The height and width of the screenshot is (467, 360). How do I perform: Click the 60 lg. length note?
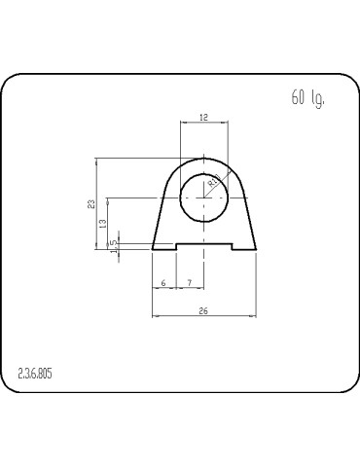click(x=307, y=98)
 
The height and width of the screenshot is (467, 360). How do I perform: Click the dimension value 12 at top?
click(x=203, y=117)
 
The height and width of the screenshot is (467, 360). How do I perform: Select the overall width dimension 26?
click(x=202, y=310)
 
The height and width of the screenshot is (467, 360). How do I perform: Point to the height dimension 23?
click(x=91, y=204)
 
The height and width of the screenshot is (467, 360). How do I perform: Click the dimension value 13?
click(x=102, y=223)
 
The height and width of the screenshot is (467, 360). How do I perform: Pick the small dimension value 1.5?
click(x=114, y=245)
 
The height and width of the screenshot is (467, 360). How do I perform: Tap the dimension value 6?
click(x=163, y=282)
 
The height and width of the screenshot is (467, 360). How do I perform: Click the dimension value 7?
click(x=189, y=282)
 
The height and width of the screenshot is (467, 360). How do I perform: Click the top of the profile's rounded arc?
click(x=203, y=158)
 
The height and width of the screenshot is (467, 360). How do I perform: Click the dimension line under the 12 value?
click(x=203, y=124)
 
